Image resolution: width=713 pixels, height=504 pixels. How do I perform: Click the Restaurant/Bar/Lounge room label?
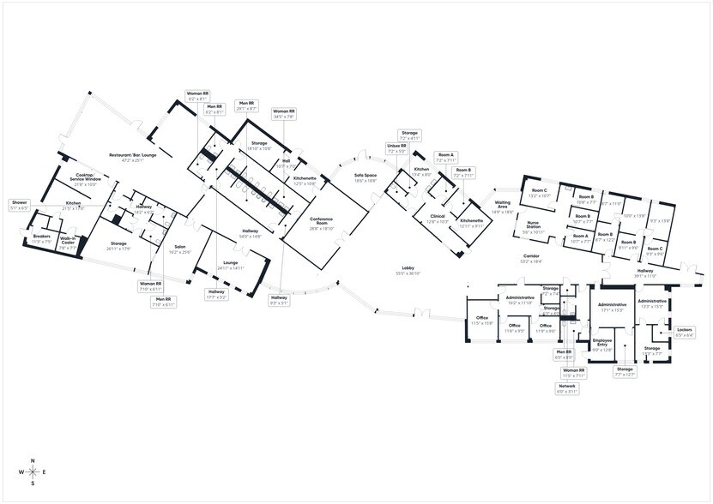coord(126,158)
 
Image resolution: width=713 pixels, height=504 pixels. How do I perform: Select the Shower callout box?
coord(19,205)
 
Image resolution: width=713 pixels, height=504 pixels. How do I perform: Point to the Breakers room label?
coord(42,239)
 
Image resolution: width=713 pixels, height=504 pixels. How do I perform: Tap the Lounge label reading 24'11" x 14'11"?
coord(231,266)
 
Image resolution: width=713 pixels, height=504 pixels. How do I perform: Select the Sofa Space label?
coord(366,178)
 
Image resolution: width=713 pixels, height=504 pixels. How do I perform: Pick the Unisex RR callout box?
coord(396,148)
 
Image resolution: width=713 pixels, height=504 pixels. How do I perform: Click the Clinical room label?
coord(438,219)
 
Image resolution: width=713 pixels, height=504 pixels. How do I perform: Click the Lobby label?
coord(407,270)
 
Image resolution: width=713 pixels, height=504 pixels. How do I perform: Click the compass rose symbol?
coord(33,472)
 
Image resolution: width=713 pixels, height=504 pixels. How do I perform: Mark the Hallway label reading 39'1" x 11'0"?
coord(644,273)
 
